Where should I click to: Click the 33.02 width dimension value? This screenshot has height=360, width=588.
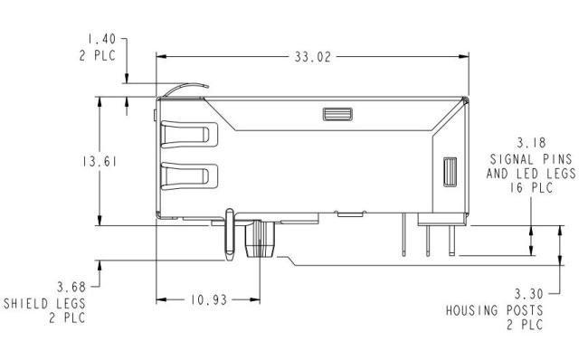tap(313, 57)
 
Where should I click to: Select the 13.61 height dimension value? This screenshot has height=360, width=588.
tap(100, 162)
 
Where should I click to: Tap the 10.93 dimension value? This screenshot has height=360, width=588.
tap(209, 300)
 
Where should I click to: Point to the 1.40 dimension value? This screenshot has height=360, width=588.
tap(101, 39)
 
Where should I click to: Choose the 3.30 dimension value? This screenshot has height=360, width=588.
tap(528, 294)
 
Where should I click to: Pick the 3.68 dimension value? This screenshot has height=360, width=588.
tap(71, 288)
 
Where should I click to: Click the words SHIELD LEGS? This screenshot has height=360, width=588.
tap(44, 303)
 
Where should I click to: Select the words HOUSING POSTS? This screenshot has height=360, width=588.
tap(495, 310)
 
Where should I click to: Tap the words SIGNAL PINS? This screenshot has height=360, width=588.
tap(531, 159)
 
